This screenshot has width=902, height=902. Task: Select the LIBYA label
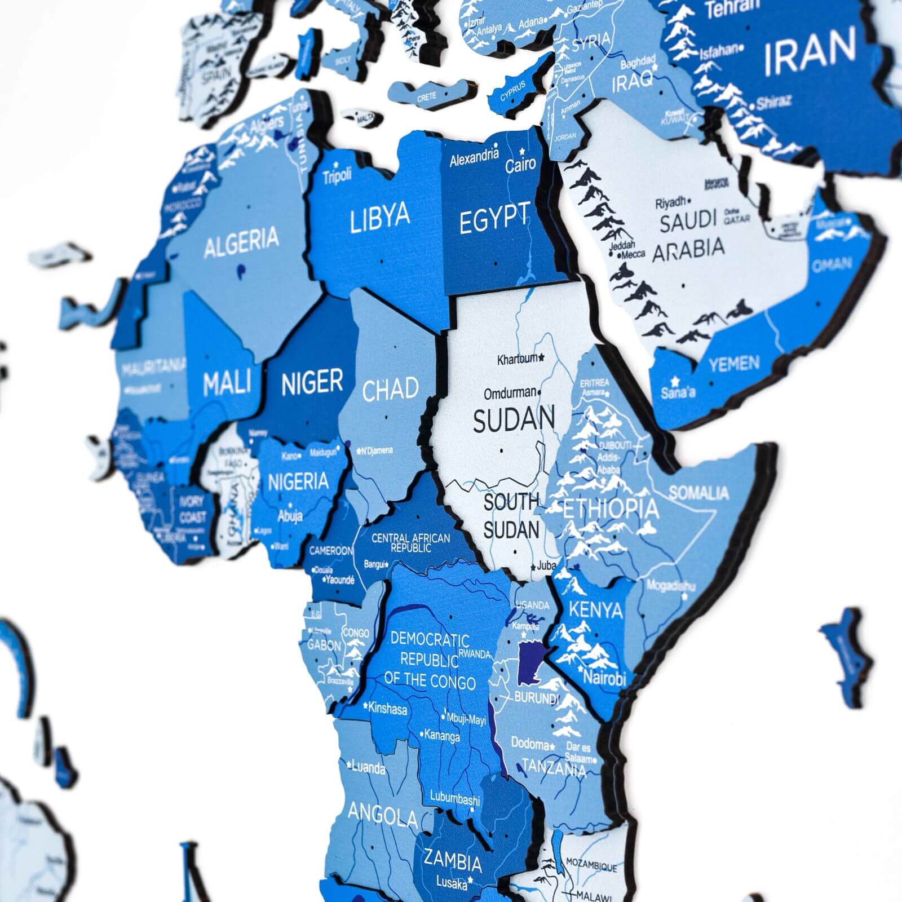pyautogui.click(x=379, y=218)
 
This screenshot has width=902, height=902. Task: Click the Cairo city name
pyautogui.click(x=520, y=165)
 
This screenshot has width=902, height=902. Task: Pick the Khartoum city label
pyautogui.click(x=518, y=359)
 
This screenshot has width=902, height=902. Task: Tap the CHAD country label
pyautogui.click(x=390, y=390)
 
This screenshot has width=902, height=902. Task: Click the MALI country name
pyautogui.click(x=226, y=383)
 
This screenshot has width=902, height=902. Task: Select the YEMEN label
pyautogui.click(x=734, y=364)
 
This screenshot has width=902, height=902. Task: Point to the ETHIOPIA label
pyautogui.click(x=611, y=509)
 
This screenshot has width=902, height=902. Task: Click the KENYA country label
pyautogui.click(x=595, y=609)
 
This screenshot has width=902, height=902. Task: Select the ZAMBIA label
pyautogui.click(x=453, y=861)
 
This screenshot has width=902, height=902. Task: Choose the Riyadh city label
pyautogui.click(x=670, y=202)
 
